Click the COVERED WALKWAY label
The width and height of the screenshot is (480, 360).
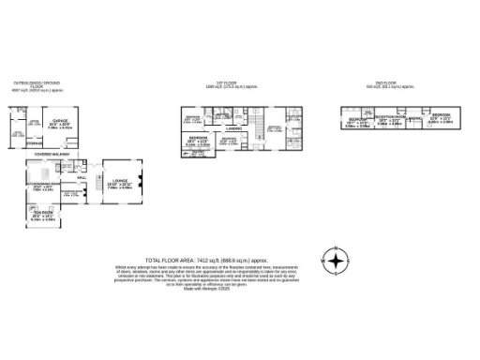(51, 154)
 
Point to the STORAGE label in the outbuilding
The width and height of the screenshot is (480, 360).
(34, 143)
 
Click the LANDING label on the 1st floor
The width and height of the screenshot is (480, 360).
(234, 129)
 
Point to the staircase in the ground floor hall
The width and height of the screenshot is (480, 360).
(91, 192)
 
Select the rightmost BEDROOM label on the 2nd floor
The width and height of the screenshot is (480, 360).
(441, 115)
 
